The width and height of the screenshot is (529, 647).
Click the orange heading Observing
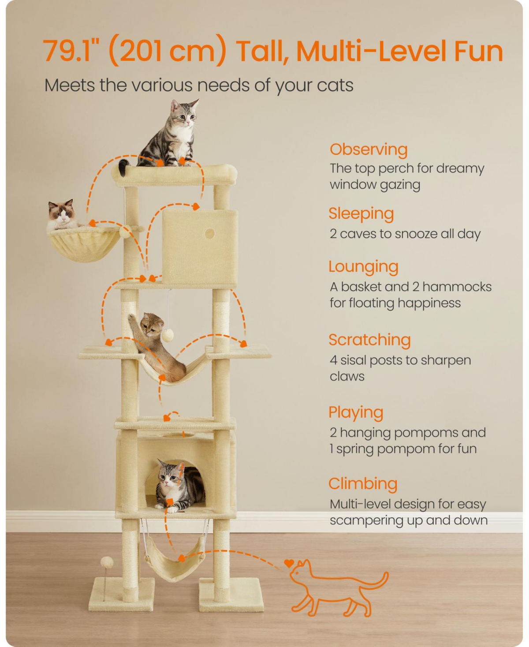369,150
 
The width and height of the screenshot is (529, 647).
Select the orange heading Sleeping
361,214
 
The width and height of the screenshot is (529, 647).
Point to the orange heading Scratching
369,340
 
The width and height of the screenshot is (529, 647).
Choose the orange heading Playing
356,413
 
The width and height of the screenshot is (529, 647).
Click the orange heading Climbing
363,484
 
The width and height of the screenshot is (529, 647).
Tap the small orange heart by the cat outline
289,563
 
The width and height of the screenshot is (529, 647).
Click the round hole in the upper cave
210,234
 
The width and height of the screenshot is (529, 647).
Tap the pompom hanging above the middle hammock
168,336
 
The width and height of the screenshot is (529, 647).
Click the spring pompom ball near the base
106,562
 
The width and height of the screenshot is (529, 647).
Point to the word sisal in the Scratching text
354,360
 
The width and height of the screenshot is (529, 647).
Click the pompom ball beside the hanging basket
125,231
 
